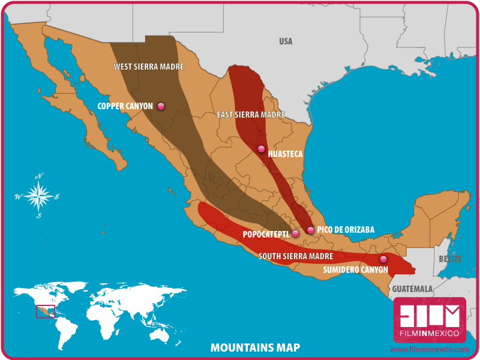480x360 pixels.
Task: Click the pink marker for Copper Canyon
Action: pyautogui.click(x=161, y=106)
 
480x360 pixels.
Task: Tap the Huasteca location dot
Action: pyautogui.click(x=261, y=149)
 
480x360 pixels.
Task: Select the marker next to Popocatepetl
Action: pyautogui.click(x=295, y=233)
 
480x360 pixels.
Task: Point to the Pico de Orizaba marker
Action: pyautogui.click(x=310, y=230)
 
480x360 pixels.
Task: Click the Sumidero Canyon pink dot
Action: pyautogui.click(x=383, y=259)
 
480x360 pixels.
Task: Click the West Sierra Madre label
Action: pyautogui.click(x=149, y=67)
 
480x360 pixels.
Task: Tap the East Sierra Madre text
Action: pyautogui.click(x=250, y=115)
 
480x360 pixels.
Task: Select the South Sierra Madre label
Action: pyautogui.click(x=296, y=256)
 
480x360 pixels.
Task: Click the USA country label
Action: pyautogui.click(x=286, y=41)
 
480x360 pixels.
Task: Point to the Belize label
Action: pyautogui.click(x=450, y=259)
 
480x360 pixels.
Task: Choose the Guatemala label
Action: pyautogui.click(x=413, y=289)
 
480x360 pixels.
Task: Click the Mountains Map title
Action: pyautogui.click(x=255, y=347)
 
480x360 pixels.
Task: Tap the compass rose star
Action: pyautogui.click(x=38, y=196)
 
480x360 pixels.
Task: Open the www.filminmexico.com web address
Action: pyautogui.click(x=430, y=349)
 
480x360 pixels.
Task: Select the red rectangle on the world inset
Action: pyautogui.click(x=45, y=311)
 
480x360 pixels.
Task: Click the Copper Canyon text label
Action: pyautogui.click(x=125, y=106)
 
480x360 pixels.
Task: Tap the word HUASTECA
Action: pyautogui.click(x=285, y=154)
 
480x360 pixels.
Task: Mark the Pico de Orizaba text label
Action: pyautogui.click(x=346, y=230)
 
